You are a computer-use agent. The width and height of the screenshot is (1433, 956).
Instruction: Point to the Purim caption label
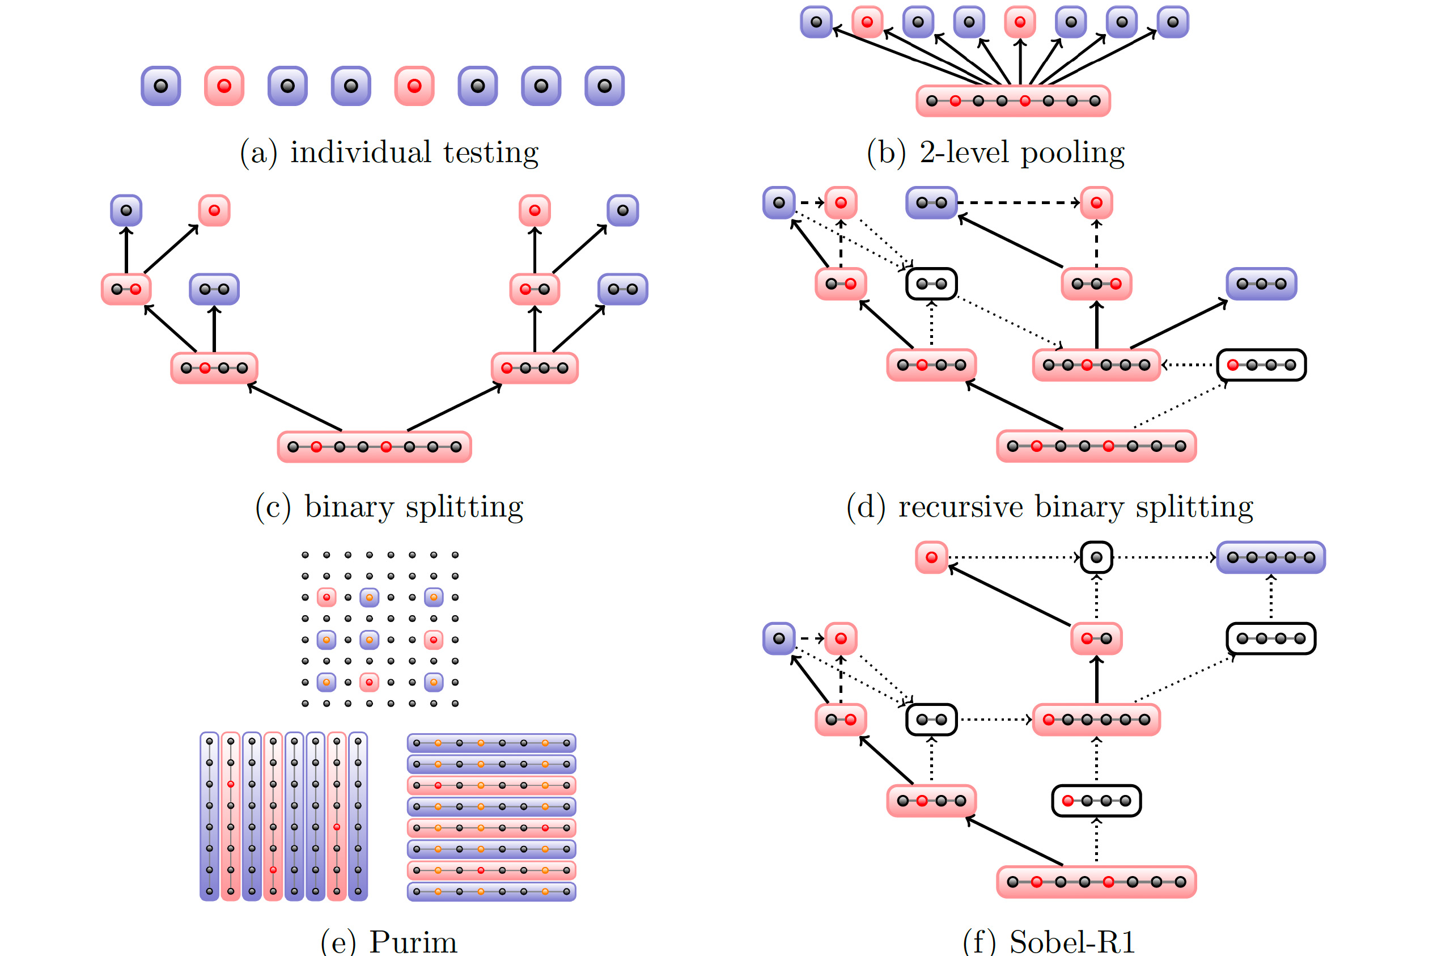click(413, 942)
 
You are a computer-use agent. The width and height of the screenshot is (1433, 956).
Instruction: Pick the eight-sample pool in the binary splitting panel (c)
click(374, 447)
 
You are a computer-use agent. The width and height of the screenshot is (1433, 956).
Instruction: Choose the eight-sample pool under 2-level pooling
click(1012, 100)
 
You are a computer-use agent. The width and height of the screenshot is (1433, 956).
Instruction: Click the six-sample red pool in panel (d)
click(1096, 365)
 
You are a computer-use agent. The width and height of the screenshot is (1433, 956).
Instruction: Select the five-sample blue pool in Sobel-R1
click(1270, 557)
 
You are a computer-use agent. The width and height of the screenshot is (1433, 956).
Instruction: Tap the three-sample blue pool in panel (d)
click(1261, 284)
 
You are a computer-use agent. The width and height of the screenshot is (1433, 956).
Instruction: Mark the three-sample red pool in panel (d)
click(1096, 284)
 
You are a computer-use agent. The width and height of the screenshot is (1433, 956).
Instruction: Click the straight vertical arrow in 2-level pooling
click(1020, 61)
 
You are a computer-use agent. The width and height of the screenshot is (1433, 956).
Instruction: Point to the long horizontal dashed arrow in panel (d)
click(1018, 202)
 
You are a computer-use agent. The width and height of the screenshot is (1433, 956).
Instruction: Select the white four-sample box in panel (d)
click(1261, 365)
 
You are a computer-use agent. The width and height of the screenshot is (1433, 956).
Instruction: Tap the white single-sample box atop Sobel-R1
click(1096, 557)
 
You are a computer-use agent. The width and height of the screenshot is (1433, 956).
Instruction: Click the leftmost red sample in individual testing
click(224, 86)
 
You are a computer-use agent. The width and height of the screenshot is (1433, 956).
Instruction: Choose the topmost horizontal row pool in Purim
click(491, 743)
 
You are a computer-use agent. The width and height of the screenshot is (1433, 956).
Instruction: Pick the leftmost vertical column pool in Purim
click(209, 817)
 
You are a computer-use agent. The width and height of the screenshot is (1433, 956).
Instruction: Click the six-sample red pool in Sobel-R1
click(1096, 720)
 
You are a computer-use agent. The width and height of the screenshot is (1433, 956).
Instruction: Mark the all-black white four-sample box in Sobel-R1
click(1270, 638)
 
